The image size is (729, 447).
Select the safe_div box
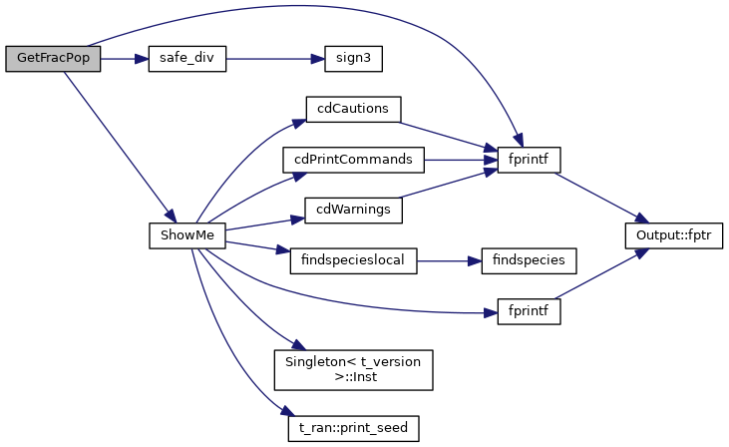(186, 58)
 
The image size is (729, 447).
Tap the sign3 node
(354, 58)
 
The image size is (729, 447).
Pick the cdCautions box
(353, 108)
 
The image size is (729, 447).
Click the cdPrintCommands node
(353, 159)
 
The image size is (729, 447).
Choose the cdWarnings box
(353, 210)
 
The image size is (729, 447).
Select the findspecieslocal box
(352, 260)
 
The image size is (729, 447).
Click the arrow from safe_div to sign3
(275, 58)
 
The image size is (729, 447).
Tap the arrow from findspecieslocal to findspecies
(449, 260)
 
